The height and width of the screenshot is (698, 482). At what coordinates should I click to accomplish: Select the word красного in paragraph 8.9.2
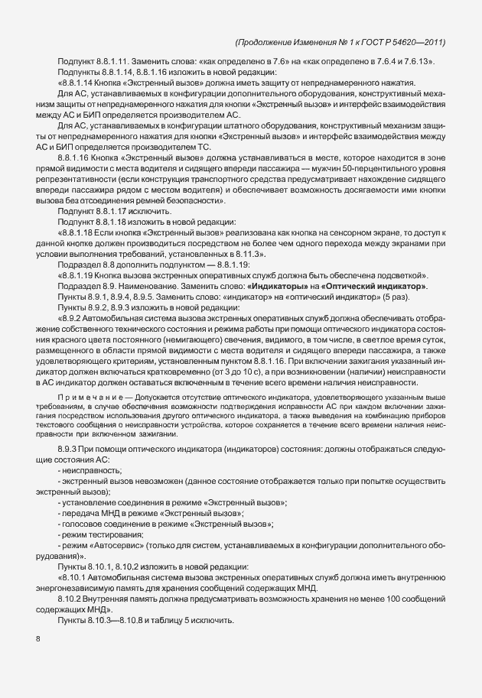(x=86, y=333)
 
